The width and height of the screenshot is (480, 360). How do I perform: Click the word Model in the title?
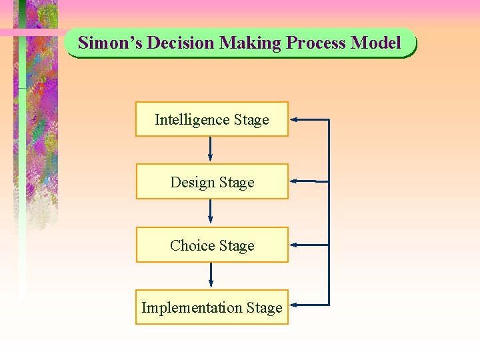point(376,43)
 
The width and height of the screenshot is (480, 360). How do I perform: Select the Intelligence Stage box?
point(212,119)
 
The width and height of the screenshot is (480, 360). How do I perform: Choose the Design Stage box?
point(212,182)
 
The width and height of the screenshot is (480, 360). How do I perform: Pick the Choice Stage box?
point(212,245)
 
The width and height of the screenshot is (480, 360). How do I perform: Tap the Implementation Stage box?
point(212,307)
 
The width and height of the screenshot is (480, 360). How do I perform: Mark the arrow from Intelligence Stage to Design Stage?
point(211,149)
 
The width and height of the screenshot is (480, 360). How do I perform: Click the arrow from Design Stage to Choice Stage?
point(211,212)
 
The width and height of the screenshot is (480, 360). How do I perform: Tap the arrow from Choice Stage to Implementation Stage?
point(211,275)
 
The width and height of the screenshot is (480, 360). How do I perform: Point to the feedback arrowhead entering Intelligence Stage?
point(295,120)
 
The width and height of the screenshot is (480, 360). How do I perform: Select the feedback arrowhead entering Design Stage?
point(295,181)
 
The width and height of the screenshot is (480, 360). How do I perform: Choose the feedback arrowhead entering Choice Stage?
point(295,245)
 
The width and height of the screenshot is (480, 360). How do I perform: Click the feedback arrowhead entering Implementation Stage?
point(295,305)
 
